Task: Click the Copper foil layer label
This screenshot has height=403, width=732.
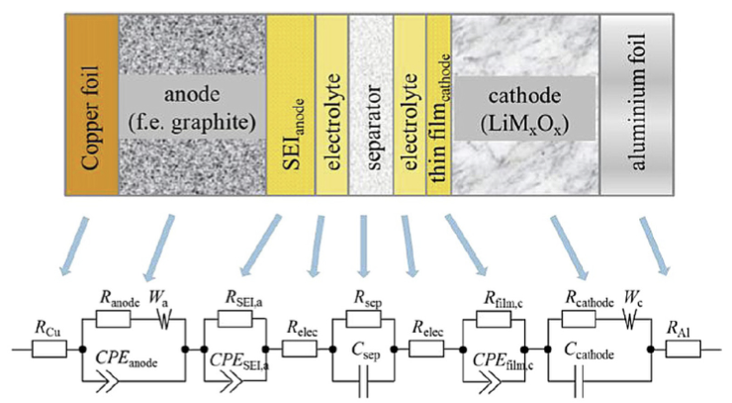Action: pyautogui.click(x=90, y=118)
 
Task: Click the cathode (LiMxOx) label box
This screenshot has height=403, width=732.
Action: pyautogui.click(x=524, y=109)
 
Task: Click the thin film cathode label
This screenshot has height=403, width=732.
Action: pyautogui.click(x=440, y=118)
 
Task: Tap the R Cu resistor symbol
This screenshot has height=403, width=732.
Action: pyautogui.click(x=49, y=349)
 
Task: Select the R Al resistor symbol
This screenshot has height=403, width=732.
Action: pyautogui.click(x=683, y=349)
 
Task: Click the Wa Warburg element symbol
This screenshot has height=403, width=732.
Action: pyautogui.click(x=164, y=320)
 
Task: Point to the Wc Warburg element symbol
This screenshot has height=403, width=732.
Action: pyautogui.click(x=630, y=320)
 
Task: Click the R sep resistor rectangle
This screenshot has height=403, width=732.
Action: pyautogui.click(x=363, y=319)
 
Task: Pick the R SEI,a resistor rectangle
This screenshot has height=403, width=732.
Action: pyautogui.click(x=235, y=319)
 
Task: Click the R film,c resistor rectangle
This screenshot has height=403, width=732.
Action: pyautogui.click(x=494, y=319)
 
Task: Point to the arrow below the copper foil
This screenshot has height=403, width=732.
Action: pyautogui.click(x=73, y=245)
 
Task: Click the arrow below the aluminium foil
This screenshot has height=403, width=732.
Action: pyautogui.click(x=655, y=246)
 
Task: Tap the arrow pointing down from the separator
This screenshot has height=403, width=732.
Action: pyautogui.click(x=364, y=246)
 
